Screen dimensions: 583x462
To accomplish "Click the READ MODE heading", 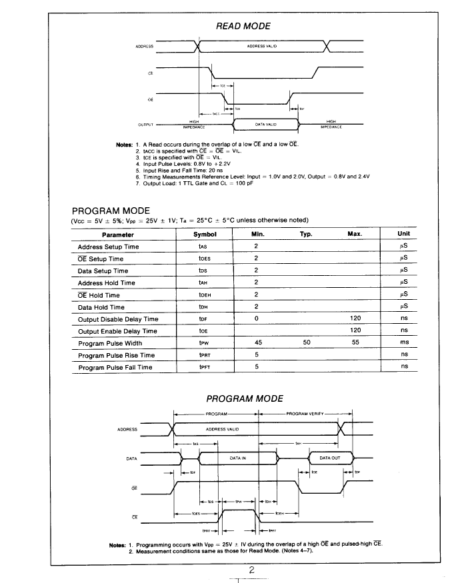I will pyautogui.click(x=243, y=26).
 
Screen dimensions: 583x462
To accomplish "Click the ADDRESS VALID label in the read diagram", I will pyautogui.click(x=261, y=46).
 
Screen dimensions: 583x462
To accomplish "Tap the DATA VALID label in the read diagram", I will pyautogui.click(x=265, y=124).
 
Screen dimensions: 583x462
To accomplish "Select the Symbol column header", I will pyautogui.click(x=205, y=235).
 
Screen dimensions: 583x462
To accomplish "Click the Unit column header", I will pyautogui.click(x=403, y=235).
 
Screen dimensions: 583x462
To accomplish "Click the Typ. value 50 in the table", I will pyautogui.click(x=307, y=343).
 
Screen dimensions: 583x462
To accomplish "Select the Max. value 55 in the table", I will pyautogui.click(x=355, y=343).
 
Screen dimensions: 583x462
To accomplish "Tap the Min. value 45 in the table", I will pyautogui.click(x=257, y=343).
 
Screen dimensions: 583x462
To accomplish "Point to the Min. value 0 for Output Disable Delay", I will pyautogui.click(x=256, y=319).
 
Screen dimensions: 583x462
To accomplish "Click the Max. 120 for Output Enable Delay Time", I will pyautogui.click(x=355, y=331).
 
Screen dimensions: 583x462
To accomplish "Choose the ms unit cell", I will pyautogui.click(x=403, y=343).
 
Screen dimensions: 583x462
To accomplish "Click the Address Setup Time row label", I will pyautogui.click(x=108, y=247).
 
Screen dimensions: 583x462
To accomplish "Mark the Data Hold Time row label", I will pyautogui.click(x=101, y=307).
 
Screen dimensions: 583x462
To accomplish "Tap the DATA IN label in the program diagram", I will pyautogui.click(x=238, y=458).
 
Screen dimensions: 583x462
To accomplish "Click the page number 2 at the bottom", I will pyautogui.click(x=252, y=570).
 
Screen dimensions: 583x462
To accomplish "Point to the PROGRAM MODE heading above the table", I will pyautogui.click(x=111, y=211).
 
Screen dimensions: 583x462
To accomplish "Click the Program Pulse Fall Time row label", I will pyautogui.click(x=115, y=367).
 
